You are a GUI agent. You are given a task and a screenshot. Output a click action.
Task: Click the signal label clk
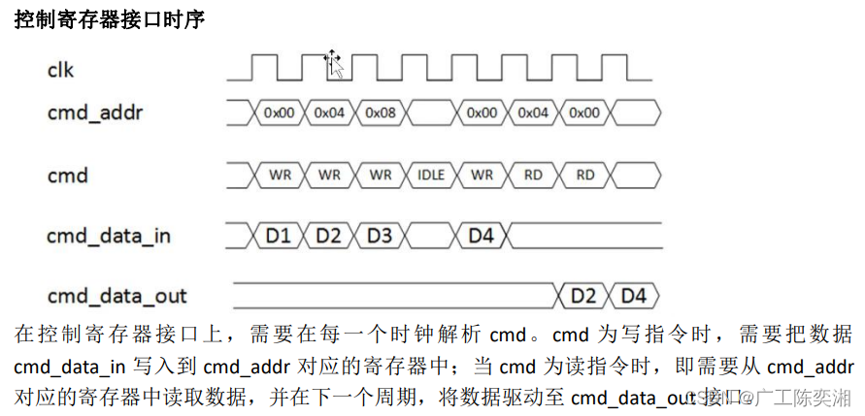click(x=60, y=70)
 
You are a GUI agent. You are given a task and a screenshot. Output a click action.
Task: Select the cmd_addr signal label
click(x=95, y=112)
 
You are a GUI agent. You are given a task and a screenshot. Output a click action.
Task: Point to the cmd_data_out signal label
click(x=116, y=296)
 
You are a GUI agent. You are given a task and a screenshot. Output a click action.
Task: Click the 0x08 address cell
click(x=381, y=112)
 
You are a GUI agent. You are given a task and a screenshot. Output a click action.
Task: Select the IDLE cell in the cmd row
click(x=431, y=176)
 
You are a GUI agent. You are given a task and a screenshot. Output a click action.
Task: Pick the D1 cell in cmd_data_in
click(x=279, y=235)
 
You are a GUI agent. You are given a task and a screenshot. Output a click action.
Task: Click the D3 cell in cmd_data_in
click(x=381, y=235)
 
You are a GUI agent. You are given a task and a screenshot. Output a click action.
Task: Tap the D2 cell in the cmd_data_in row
click(x=329, y=235)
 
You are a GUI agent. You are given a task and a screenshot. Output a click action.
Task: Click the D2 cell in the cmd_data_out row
click(x=582, y=295)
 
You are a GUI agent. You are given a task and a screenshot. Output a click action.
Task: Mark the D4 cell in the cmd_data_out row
click(x=633, y=295)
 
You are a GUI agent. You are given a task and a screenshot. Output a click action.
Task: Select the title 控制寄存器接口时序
click(x=109, y=19)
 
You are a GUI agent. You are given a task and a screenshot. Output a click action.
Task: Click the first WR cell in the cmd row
click(x=279, y=176)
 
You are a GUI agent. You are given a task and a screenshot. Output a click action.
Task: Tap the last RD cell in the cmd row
click(x=584, y=176)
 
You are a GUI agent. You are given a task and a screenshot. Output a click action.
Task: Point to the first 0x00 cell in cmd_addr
click(x=279, y=112)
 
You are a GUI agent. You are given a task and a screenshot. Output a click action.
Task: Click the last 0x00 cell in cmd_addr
click(x=584, y=112)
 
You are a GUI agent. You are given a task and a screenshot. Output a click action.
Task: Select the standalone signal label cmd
click(x=68, y=176)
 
